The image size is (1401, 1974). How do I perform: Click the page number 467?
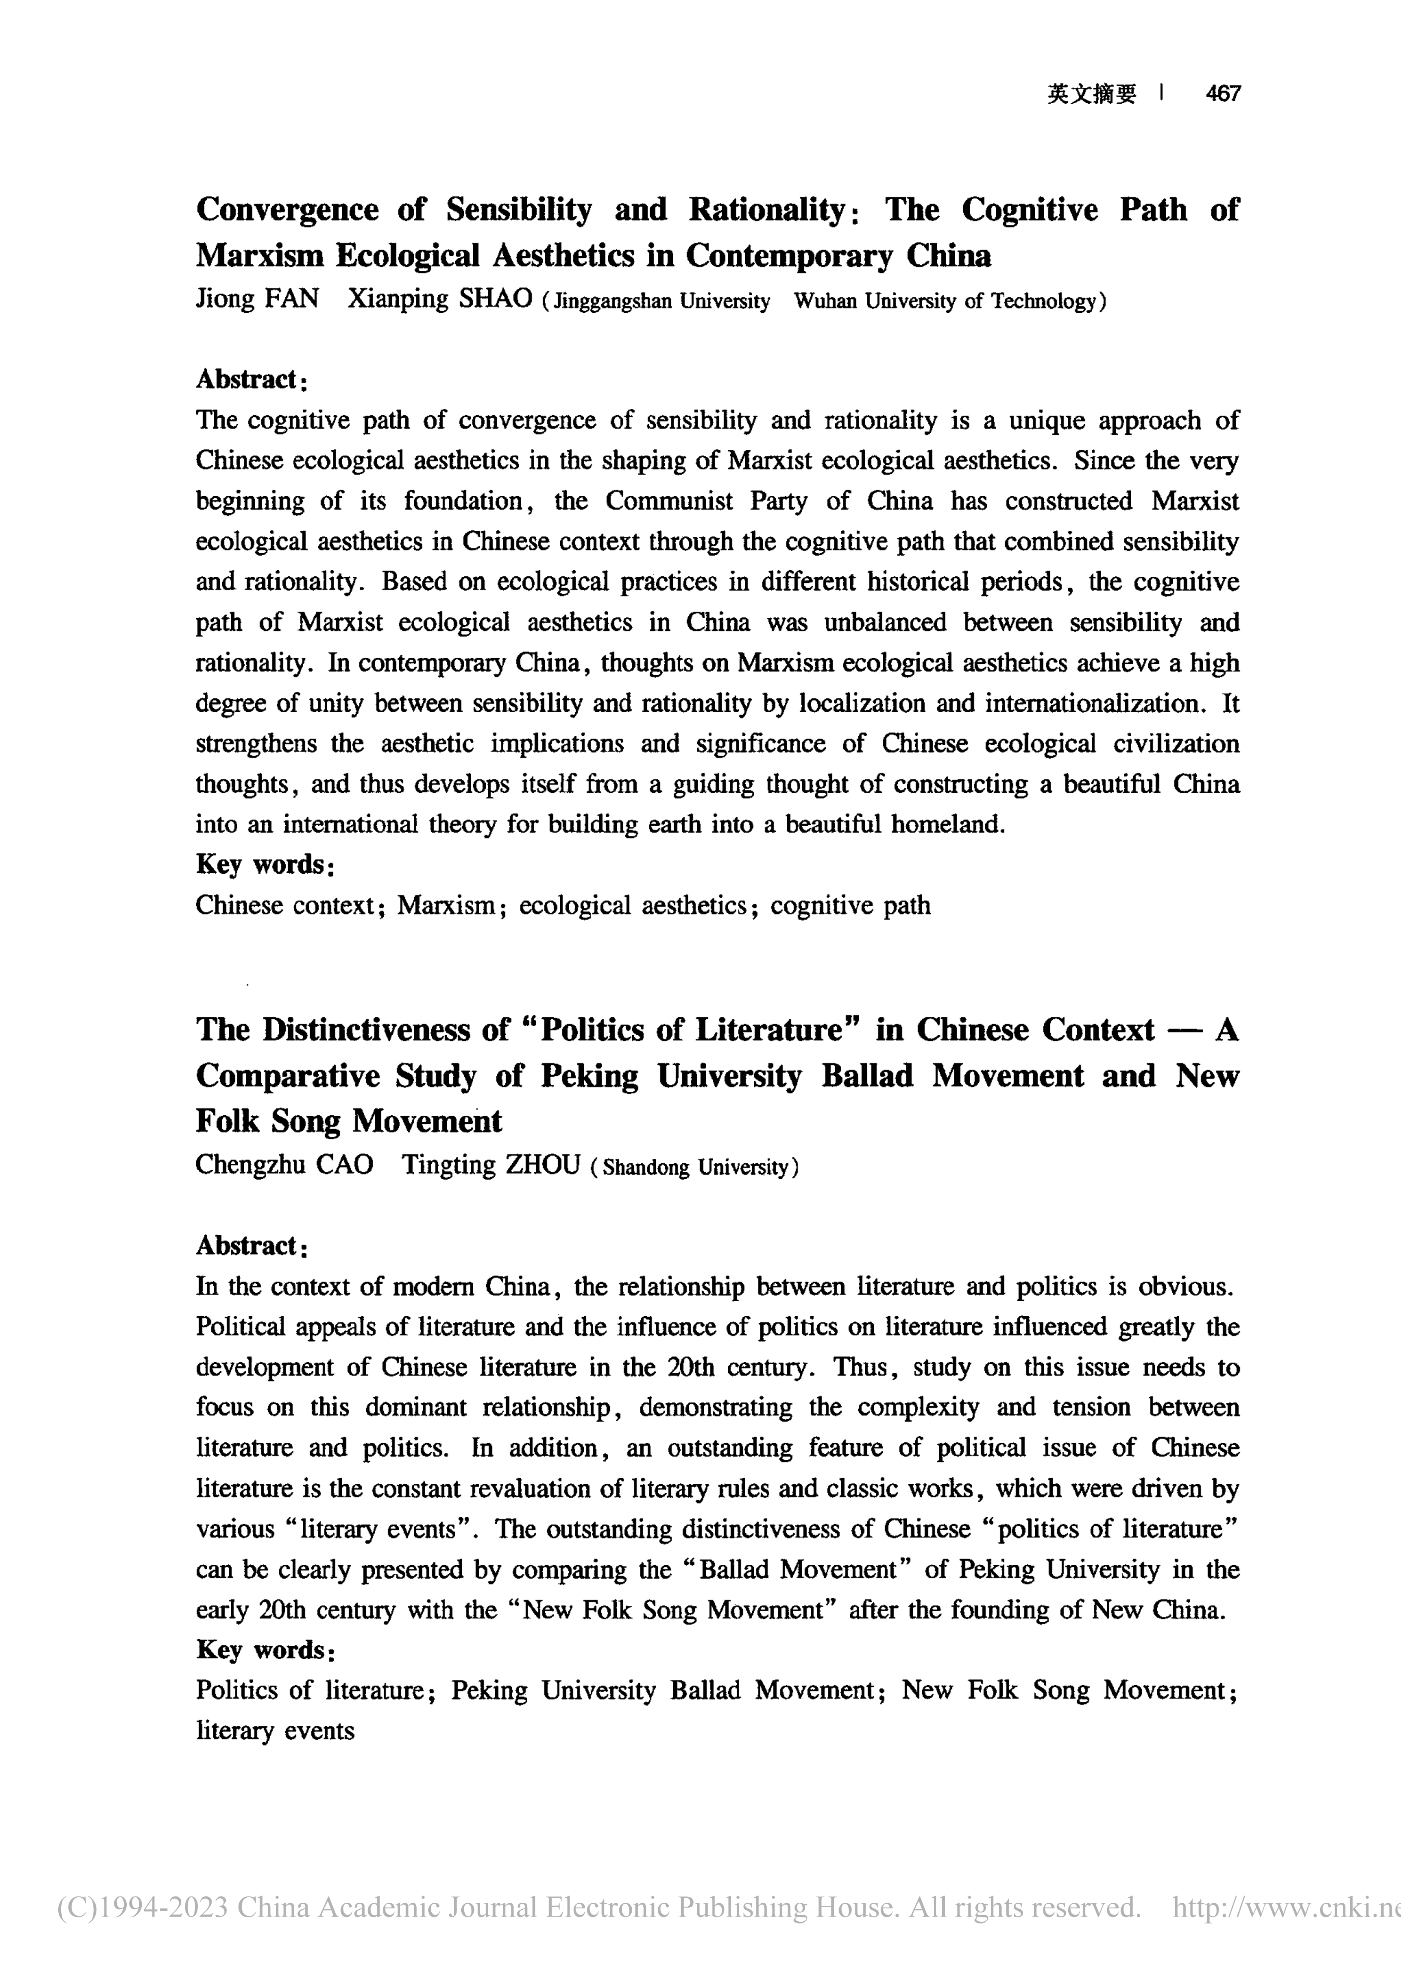[x=1222, y=93]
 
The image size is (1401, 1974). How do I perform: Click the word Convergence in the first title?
[x=287, y=210]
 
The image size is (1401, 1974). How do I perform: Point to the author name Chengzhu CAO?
[x=284, y=1165]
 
